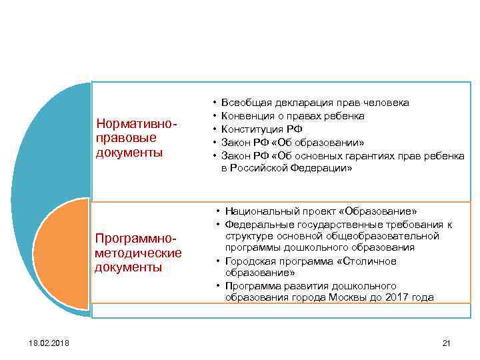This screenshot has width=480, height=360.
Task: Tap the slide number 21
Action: [x=447, y=343]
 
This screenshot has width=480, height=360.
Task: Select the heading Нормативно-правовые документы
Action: [x=137, y=138]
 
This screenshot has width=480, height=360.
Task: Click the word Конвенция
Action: [x=247, y=116]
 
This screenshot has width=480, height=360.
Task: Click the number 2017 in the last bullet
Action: [x=397, y=297]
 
